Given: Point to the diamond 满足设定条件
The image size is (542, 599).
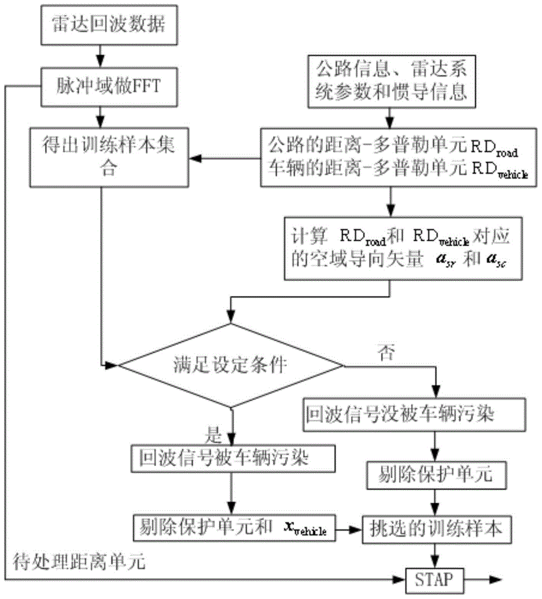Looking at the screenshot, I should click(x=231, y=364).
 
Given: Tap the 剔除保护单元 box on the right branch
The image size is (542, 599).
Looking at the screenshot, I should click(x=436, y=476).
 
